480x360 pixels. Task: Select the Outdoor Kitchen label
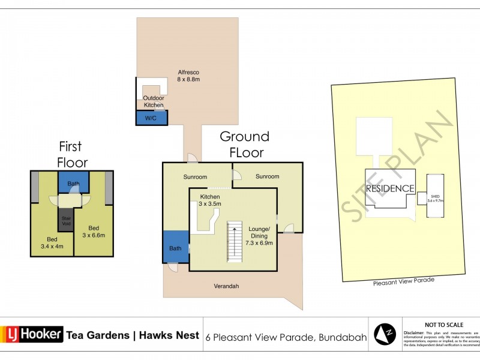152,101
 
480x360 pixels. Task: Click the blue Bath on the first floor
73,182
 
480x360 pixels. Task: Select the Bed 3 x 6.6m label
94,232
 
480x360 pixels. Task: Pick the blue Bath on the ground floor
175,247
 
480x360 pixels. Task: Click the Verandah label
227,286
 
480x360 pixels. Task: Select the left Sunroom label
195,177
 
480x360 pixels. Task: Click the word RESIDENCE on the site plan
391,188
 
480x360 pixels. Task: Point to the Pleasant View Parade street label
403,280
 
